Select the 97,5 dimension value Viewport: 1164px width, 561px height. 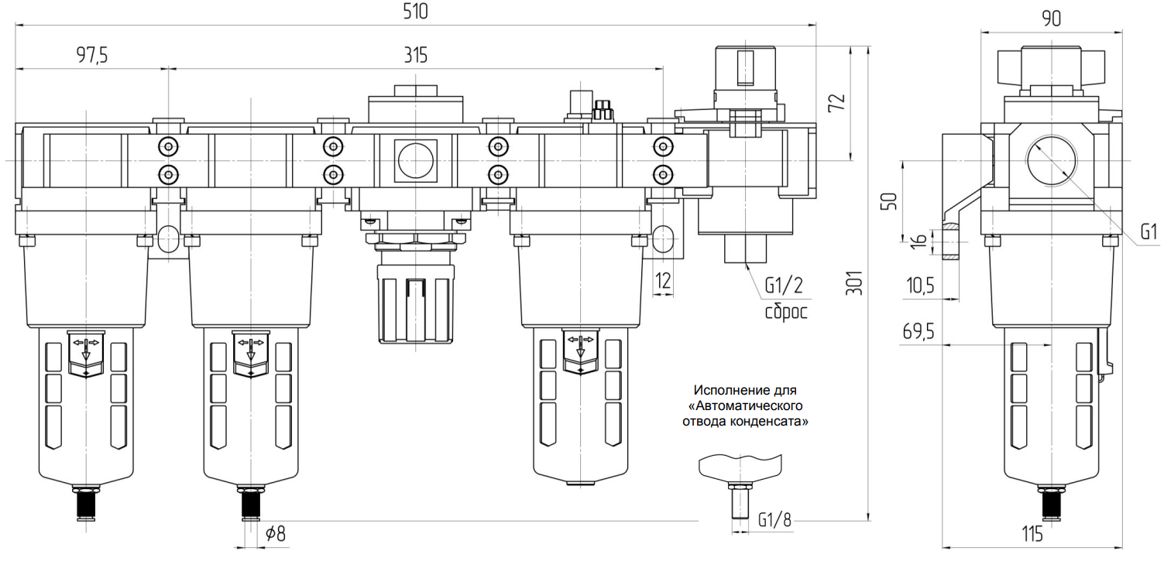91,56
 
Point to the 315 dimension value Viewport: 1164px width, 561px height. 415,56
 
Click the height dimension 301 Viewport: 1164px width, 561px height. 853,285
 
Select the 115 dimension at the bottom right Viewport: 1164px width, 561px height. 1032,534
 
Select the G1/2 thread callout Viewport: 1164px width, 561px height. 784,286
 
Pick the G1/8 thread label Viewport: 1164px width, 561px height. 775,519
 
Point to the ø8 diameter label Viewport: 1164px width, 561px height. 274,533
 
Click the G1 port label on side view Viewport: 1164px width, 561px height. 1149,231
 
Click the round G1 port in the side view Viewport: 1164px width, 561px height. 1052,159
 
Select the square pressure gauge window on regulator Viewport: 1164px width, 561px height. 416,160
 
